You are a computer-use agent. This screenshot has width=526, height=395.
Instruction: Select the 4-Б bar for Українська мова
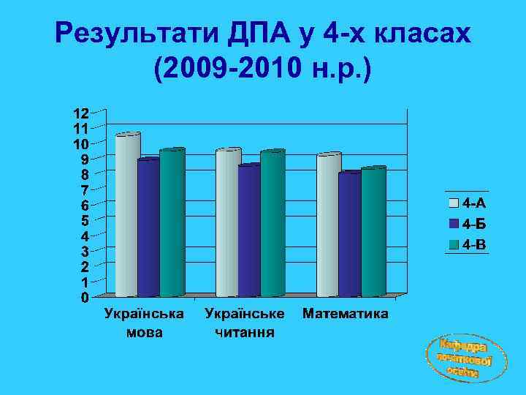tap(148, 227)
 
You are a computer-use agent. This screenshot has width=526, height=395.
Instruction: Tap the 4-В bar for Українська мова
tap(172, 223)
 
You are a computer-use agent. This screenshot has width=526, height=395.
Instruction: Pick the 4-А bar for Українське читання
tap(227, 223)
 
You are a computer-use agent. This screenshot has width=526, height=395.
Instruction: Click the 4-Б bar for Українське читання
tap(249, 231)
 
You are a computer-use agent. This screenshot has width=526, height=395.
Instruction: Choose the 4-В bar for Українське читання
tap(272, 224)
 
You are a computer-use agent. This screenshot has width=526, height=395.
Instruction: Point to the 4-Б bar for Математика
tap(350, 235)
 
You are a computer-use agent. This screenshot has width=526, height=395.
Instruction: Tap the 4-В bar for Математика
tap(373, 232)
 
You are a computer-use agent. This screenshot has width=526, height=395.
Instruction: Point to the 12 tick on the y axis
tap(80, 113)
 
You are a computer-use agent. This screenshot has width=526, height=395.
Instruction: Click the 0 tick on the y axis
tap(85, 298)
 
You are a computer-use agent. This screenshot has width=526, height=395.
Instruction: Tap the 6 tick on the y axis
tap(85, 206)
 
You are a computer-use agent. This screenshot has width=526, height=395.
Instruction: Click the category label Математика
tap(345, 315)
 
